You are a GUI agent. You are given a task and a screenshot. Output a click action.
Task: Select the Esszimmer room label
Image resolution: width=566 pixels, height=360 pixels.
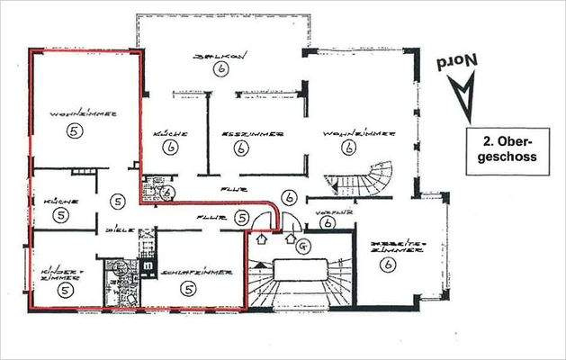253,132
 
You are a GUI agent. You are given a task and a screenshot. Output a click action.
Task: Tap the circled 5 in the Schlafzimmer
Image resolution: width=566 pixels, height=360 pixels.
187,288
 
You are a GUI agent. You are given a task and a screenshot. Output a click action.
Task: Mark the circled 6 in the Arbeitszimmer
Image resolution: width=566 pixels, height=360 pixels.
388,265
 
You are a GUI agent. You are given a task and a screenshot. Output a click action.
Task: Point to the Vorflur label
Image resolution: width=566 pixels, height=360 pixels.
327,211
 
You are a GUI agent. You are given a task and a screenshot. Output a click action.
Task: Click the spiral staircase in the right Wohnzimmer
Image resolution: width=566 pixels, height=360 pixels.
369,179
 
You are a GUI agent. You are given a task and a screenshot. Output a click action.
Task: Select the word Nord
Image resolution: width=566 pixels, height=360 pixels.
457,63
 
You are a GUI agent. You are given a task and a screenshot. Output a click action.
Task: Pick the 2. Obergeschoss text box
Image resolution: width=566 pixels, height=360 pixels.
509,148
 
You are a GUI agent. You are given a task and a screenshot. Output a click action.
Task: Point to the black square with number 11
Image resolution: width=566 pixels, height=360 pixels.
147,265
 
